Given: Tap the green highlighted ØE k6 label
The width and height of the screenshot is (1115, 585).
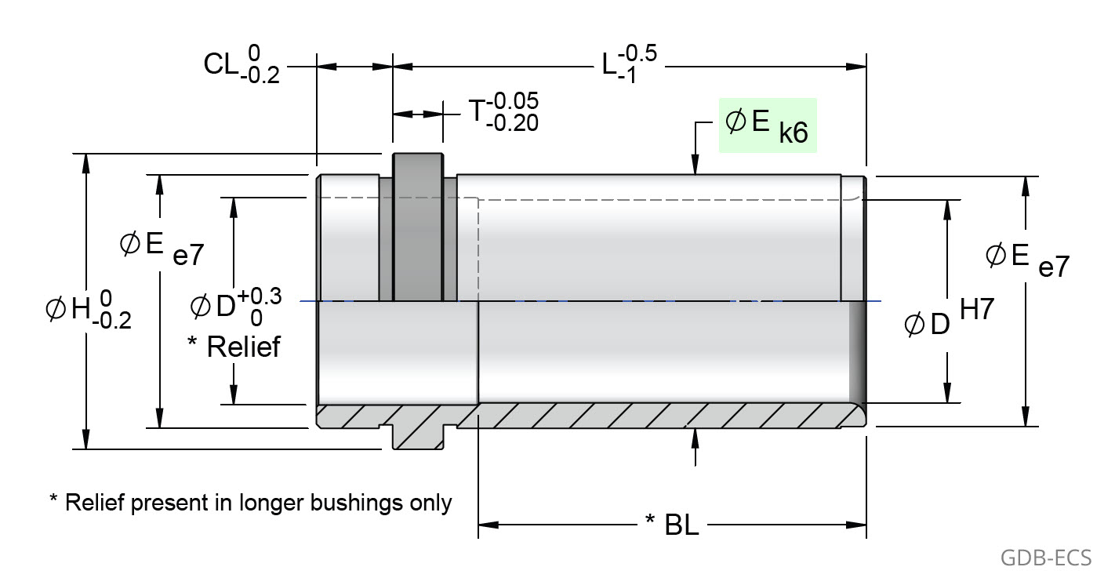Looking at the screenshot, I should [768, 125].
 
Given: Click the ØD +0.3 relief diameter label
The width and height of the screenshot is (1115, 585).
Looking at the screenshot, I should [234, 305].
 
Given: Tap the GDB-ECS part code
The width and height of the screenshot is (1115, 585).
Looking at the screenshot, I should [1046, 558].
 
